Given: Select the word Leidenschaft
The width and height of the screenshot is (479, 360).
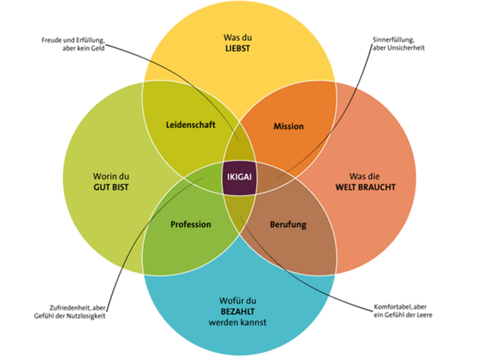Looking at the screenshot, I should coord(191,125).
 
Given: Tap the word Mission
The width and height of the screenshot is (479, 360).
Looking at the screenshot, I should coord(288,126).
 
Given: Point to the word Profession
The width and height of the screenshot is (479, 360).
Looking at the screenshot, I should coord(191,224).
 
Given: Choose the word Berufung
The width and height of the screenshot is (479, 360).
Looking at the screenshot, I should coord(288,224).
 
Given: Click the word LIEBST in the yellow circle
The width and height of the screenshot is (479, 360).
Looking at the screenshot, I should coord(237,48).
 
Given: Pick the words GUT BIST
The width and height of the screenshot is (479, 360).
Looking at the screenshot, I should coord(112,187).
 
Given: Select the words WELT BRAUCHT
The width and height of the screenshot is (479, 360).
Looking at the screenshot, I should coord(365,187).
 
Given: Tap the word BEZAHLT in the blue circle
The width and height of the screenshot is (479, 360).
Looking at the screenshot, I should coord(237,311).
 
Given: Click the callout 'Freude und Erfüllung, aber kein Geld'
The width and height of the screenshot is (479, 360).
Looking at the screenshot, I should coord(73,44).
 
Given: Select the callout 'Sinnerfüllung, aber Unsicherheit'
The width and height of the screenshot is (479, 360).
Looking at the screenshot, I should coord(398,44).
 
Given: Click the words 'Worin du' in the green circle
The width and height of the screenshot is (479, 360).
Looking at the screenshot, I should coord(112,177).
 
